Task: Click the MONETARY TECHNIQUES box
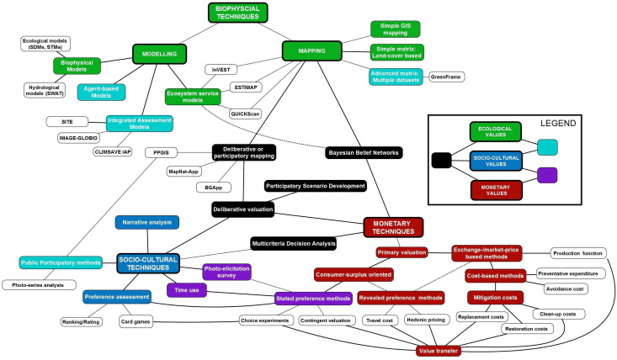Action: tap(392, 225)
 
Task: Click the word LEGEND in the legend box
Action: tap(558, 123)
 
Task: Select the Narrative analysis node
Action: tap(146, 222)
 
